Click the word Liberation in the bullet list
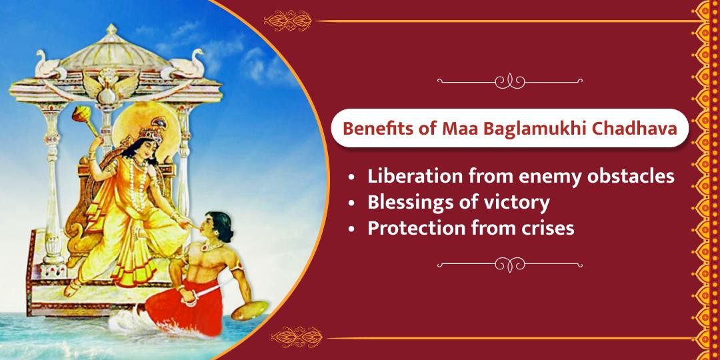[x=409, y=176]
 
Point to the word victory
[x=520, y=203]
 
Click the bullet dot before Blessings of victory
[x=352, y=203]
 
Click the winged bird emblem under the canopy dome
[x=111, y=86]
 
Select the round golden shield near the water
[x=250, y=311]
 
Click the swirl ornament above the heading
[x=510, y=81]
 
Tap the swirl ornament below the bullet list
[x=510, y=265]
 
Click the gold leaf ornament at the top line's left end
[x=288, y=21]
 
